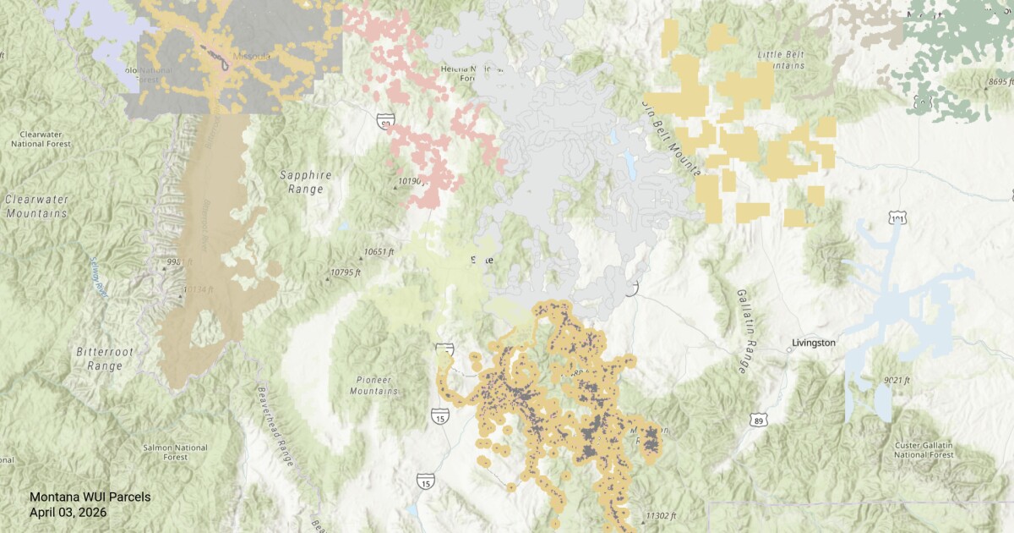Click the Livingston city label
[813, 343]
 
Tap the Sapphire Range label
[305, 182]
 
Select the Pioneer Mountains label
[373, 385]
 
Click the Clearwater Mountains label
[36, 206]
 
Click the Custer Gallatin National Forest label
[925, 449]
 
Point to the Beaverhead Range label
[275, 427]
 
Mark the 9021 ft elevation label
[896, 380]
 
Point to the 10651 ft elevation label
[379, 252]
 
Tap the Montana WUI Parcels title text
[90, 497]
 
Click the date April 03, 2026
[68, 512]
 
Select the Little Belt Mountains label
[781, 59]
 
